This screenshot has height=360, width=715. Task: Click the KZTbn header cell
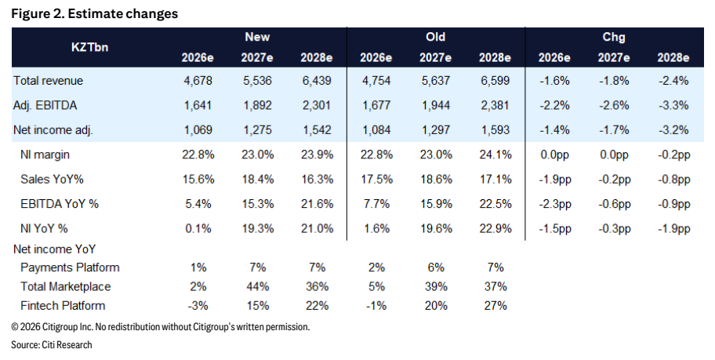89,47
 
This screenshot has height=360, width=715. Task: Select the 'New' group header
257,37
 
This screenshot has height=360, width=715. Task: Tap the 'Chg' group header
613,37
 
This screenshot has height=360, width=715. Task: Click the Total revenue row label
48,81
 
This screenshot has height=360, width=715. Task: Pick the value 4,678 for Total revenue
198,81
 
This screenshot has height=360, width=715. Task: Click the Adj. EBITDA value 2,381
495,105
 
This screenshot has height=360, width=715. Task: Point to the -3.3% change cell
673,105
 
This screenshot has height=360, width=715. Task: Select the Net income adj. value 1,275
257,130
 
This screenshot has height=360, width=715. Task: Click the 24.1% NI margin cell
495,155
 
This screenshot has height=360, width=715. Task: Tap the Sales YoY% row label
52,180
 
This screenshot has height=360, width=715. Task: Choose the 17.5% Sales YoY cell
376,180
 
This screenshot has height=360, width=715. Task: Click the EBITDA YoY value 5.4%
198,204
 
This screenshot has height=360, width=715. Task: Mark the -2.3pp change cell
554,204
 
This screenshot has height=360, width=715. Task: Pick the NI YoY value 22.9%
495,228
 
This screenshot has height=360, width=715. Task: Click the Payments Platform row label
70,267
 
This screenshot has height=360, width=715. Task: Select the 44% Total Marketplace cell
257,286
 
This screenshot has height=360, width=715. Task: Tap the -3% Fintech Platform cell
198,306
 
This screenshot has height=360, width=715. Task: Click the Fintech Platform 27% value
495,306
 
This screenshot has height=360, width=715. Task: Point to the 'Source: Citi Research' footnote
52,344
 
